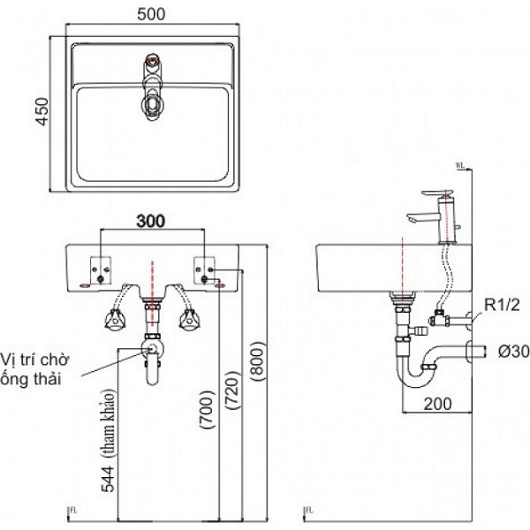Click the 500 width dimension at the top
[155, 14]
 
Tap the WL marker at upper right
[461, 164]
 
